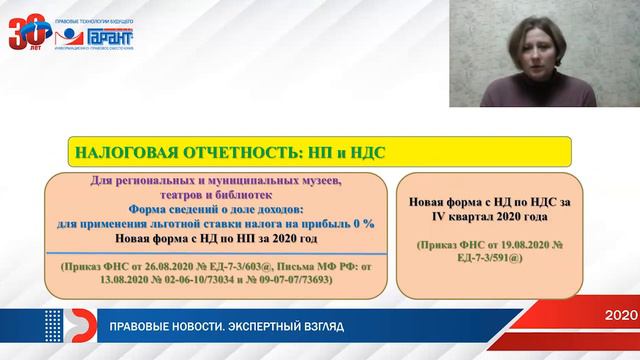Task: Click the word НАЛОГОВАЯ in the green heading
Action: (118, 153)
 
